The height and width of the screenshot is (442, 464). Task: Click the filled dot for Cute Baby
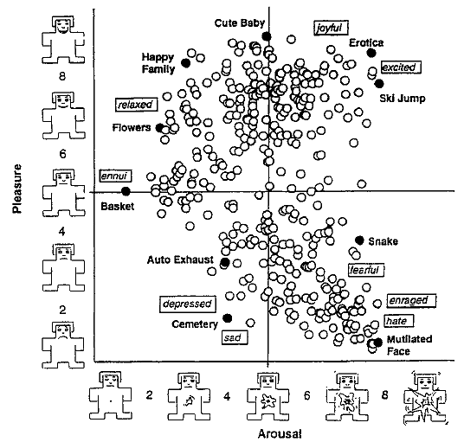pyautogui.click(x=267, y=36)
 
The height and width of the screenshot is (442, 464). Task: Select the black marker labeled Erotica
pyautogui.click(x=371, y=53)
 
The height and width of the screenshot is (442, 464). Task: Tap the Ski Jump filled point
pyautogui.click(x=379, y=84)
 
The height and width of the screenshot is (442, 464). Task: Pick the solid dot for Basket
pyautogui.click(x=126, y=191)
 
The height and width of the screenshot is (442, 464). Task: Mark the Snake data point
pyautogui.click(x=359, y=240)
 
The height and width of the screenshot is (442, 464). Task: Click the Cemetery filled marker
pyautogui.click(x=228, y=317)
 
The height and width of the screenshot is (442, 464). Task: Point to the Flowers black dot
pyautogui.click(x=160, y=128)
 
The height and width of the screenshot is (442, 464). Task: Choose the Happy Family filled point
pyautogui.click(x=185, y=62)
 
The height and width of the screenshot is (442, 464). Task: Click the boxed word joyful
pyautogui.click(x=331, y=28)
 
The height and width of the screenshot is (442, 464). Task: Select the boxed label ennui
pyautogui.click(x=115, y=176)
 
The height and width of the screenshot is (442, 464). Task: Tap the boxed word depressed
pyautogui.click(x=188, y=304)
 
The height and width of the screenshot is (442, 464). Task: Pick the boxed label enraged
pyautogui.click(x=411, y=301)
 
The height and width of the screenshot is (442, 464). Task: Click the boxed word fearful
pyautogui.click(x=366, y=270)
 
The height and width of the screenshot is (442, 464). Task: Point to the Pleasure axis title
pyautogui.click(x=17, y=189)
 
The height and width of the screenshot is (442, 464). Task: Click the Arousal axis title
pyautogui.click(x=280, y=434)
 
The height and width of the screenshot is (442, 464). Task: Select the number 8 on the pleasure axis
pyautogui.click(x=62, y=77)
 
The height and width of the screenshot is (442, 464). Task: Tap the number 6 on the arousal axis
pyautogui.click(x=306, y=395)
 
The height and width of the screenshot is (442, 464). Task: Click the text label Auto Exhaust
pyautogui.click(x=180, y=259)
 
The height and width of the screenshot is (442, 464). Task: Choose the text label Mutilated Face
pyautogui.click(x=409, y=345)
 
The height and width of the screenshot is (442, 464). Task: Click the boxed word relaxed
pyautogui.click(x=137, y=105)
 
